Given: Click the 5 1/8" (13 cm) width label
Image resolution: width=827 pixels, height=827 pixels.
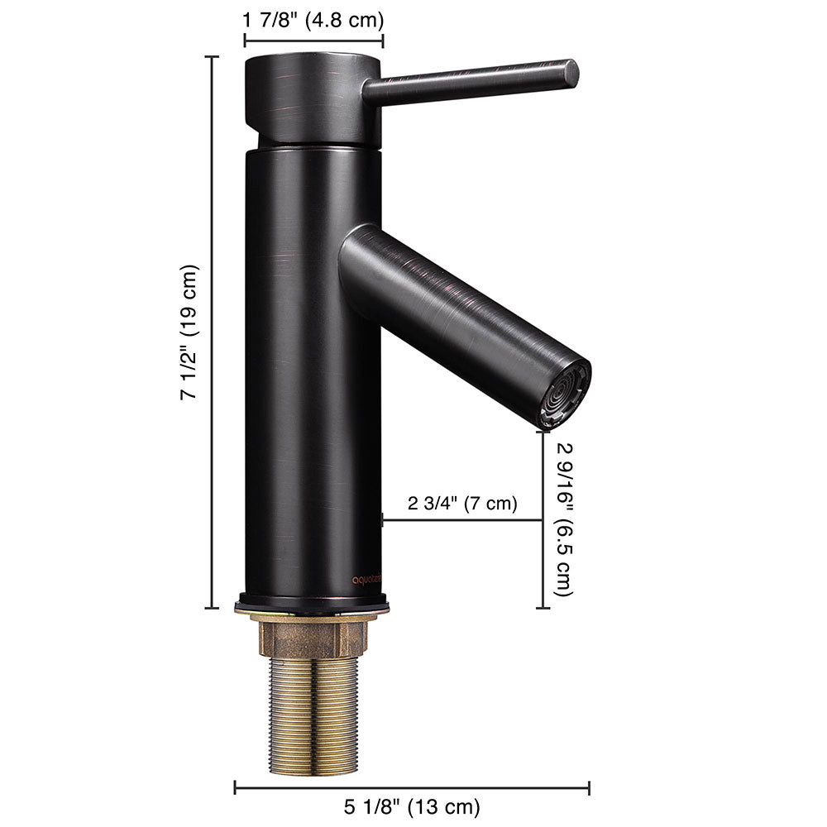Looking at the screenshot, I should click(x=412, y=805).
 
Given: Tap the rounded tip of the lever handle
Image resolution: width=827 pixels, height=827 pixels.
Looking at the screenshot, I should click(x=571, y=72).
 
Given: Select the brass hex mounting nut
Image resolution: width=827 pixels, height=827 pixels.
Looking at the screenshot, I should click(x=313, y=638).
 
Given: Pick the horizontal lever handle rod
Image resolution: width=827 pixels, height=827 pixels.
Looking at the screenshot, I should click(x=471, y=80).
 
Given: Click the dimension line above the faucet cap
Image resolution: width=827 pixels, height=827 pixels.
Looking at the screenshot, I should click(x=313, y=39).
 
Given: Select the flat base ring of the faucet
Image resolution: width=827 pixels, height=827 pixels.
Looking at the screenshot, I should click(x=312, y=605).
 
